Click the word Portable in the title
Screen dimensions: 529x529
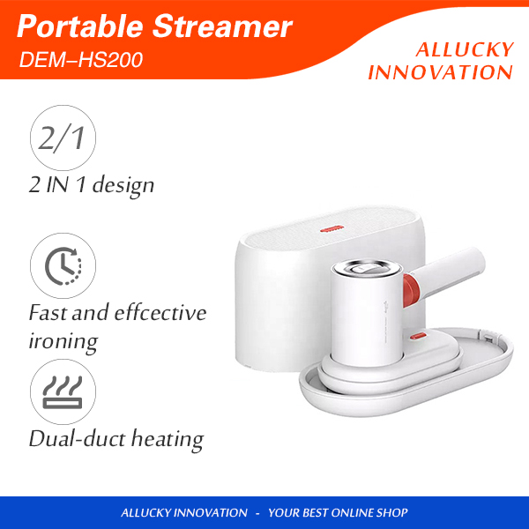point(80,26)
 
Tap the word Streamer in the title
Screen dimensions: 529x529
point(222,26)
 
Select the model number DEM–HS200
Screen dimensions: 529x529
point(81,60)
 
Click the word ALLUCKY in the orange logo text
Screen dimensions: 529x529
point(465,50)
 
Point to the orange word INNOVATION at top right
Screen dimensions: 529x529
point(440,72)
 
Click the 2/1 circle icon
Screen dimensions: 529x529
point(63,138)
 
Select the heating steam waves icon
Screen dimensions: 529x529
point(63,392)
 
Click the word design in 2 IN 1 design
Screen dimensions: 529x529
point(123,185)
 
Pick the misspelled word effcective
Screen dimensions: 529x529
point(160,312)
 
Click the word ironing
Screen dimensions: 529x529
point(63,342)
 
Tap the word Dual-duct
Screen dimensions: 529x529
point(77,438)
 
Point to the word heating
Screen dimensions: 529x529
point(168,440)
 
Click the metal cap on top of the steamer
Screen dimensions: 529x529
point(367,268)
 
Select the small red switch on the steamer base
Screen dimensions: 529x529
point(418,336)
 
